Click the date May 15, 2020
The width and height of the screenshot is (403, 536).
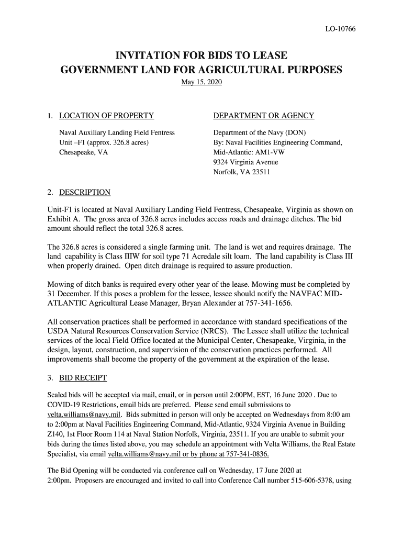(x=201, y=83)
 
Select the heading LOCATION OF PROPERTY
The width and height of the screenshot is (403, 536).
(x=106, y=116)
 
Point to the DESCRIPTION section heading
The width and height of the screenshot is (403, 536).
(x=85, y=192)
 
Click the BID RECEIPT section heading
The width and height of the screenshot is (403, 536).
(x=83, y=377)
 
